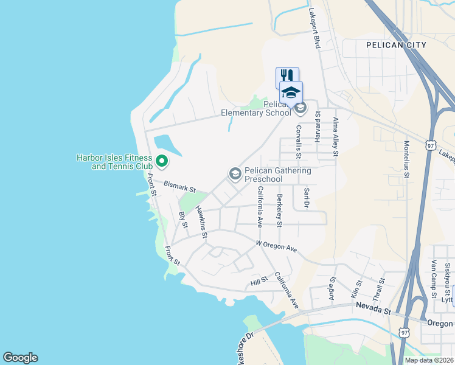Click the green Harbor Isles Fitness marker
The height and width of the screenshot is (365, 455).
161,161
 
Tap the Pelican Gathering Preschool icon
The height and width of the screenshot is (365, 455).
235,175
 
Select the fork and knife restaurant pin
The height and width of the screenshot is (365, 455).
287,76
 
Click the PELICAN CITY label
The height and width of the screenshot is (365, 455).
396,45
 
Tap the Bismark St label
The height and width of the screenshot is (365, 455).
179,187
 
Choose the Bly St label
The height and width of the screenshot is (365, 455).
182,220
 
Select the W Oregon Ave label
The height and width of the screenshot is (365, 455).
276,246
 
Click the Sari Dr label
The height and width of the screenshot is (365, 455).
306,198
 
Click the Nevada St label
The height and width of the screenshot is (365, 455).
373,309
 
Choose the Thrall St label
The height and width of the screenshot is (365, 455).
379,290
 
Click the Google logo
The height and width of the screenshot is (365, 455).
20,358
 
